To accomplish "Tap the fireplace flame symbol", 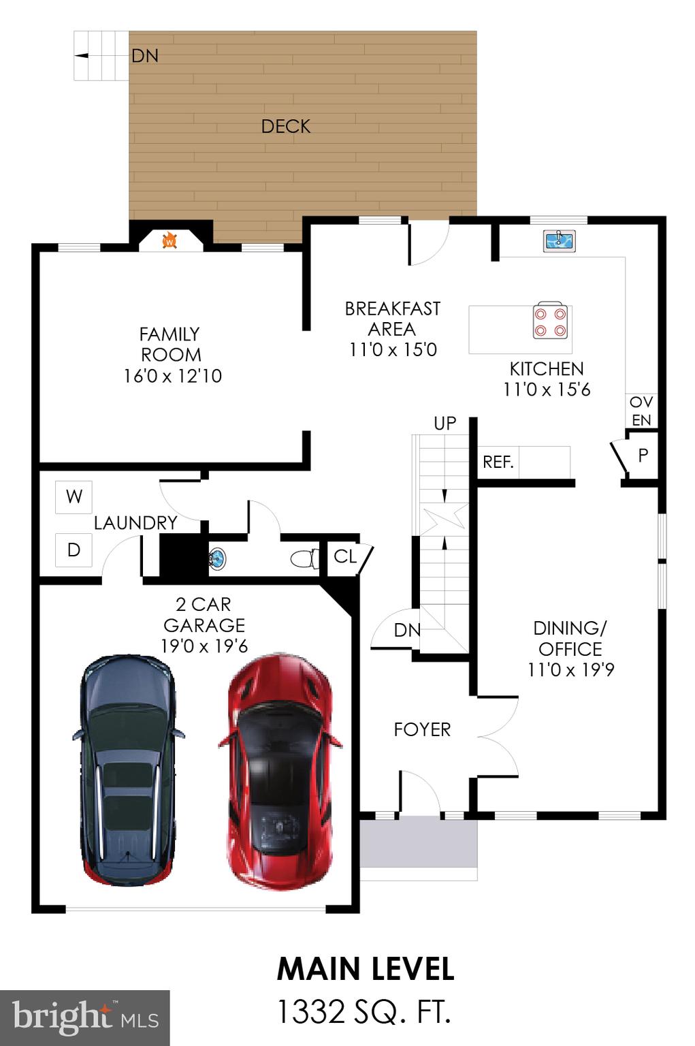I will point(170,240).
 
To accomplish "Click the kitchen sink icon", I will point(560,240).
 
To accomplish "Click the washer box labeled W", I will point(74,496).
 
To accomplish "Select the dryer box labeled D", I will point(74,550).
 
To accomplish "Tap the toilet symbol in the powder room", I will point(304,559).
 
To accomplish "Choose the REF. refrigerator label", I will point(498,462).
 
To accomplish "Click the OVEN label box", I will point(641,411).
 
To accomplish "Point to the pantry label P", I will point(643,456).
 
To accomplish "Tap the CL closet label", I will point(345,556).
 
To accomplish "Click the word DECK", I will point(286,127).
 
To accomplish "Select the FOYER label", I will point(422,729).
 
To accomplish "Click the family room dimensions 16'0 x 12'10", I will point(173,376).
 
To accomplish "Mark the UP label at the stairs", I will point(445,423).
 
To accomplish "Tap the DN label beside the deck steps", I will point(145,56).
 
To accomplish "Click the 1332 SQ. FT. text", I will point(363,1012).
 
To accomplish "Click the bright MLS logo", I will point(84,1017).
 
